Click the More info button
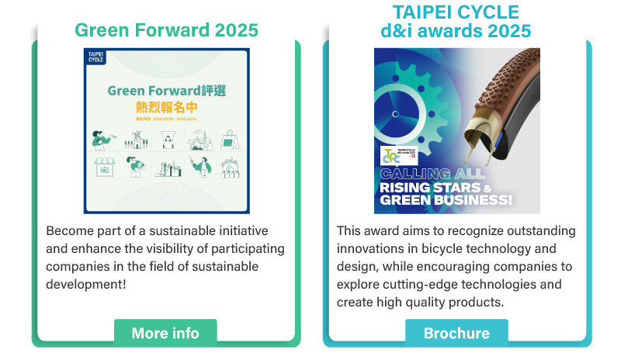(165, 333)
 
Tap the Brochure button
(456, 333)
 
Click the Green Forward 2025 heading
(166, 30)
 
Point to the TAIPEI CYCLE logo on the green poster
(96, 57)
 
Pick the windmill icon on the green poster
(134, 140)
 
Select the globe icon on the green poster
(231, 167)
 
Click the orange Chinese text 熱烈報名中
(167, 107)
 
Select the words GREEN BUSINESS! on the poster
(446, 200)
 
